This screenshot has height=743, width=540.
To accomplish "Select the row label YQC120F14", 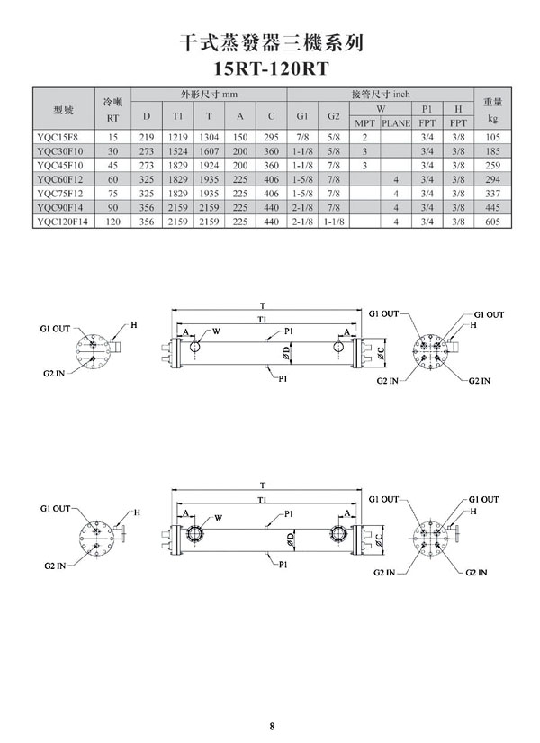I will coord(63,222).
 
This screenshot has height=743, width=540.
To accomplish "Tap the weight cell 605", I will coord(491,222).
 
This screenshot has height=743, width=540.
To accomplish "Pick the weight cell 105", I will coord(491,137).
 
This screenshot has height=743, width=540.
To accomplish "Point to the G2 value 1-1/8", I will coord(332,222).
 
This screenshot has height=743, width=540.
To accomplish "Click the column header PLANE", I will coord(396,122).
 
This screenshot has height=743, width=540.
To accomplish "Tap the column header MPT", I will coord(364,122).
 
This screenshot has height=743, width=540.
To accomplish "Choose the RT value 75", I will coord(113,194).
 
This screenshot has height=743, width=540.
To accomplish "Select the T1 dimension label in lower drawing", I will coord(264,498).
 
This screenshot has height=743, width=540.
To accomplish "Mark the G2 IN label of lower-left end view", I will coord(55,566).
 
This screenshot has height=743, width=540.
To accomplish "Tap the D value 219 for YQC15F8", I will coord(147,137).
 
